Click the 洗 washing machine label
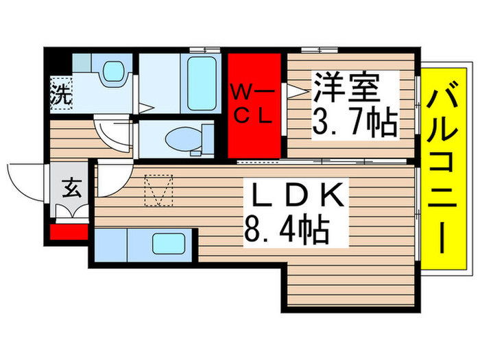tap(60, 95)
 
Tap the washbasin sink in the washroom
tap(109, 70)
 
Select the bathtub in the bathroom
tap(202, 84)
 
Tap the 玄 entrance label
tap(69, 186)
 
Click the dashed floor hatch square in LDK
tap(159, 191)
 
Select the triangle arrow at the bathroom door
tap(144, 106)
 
